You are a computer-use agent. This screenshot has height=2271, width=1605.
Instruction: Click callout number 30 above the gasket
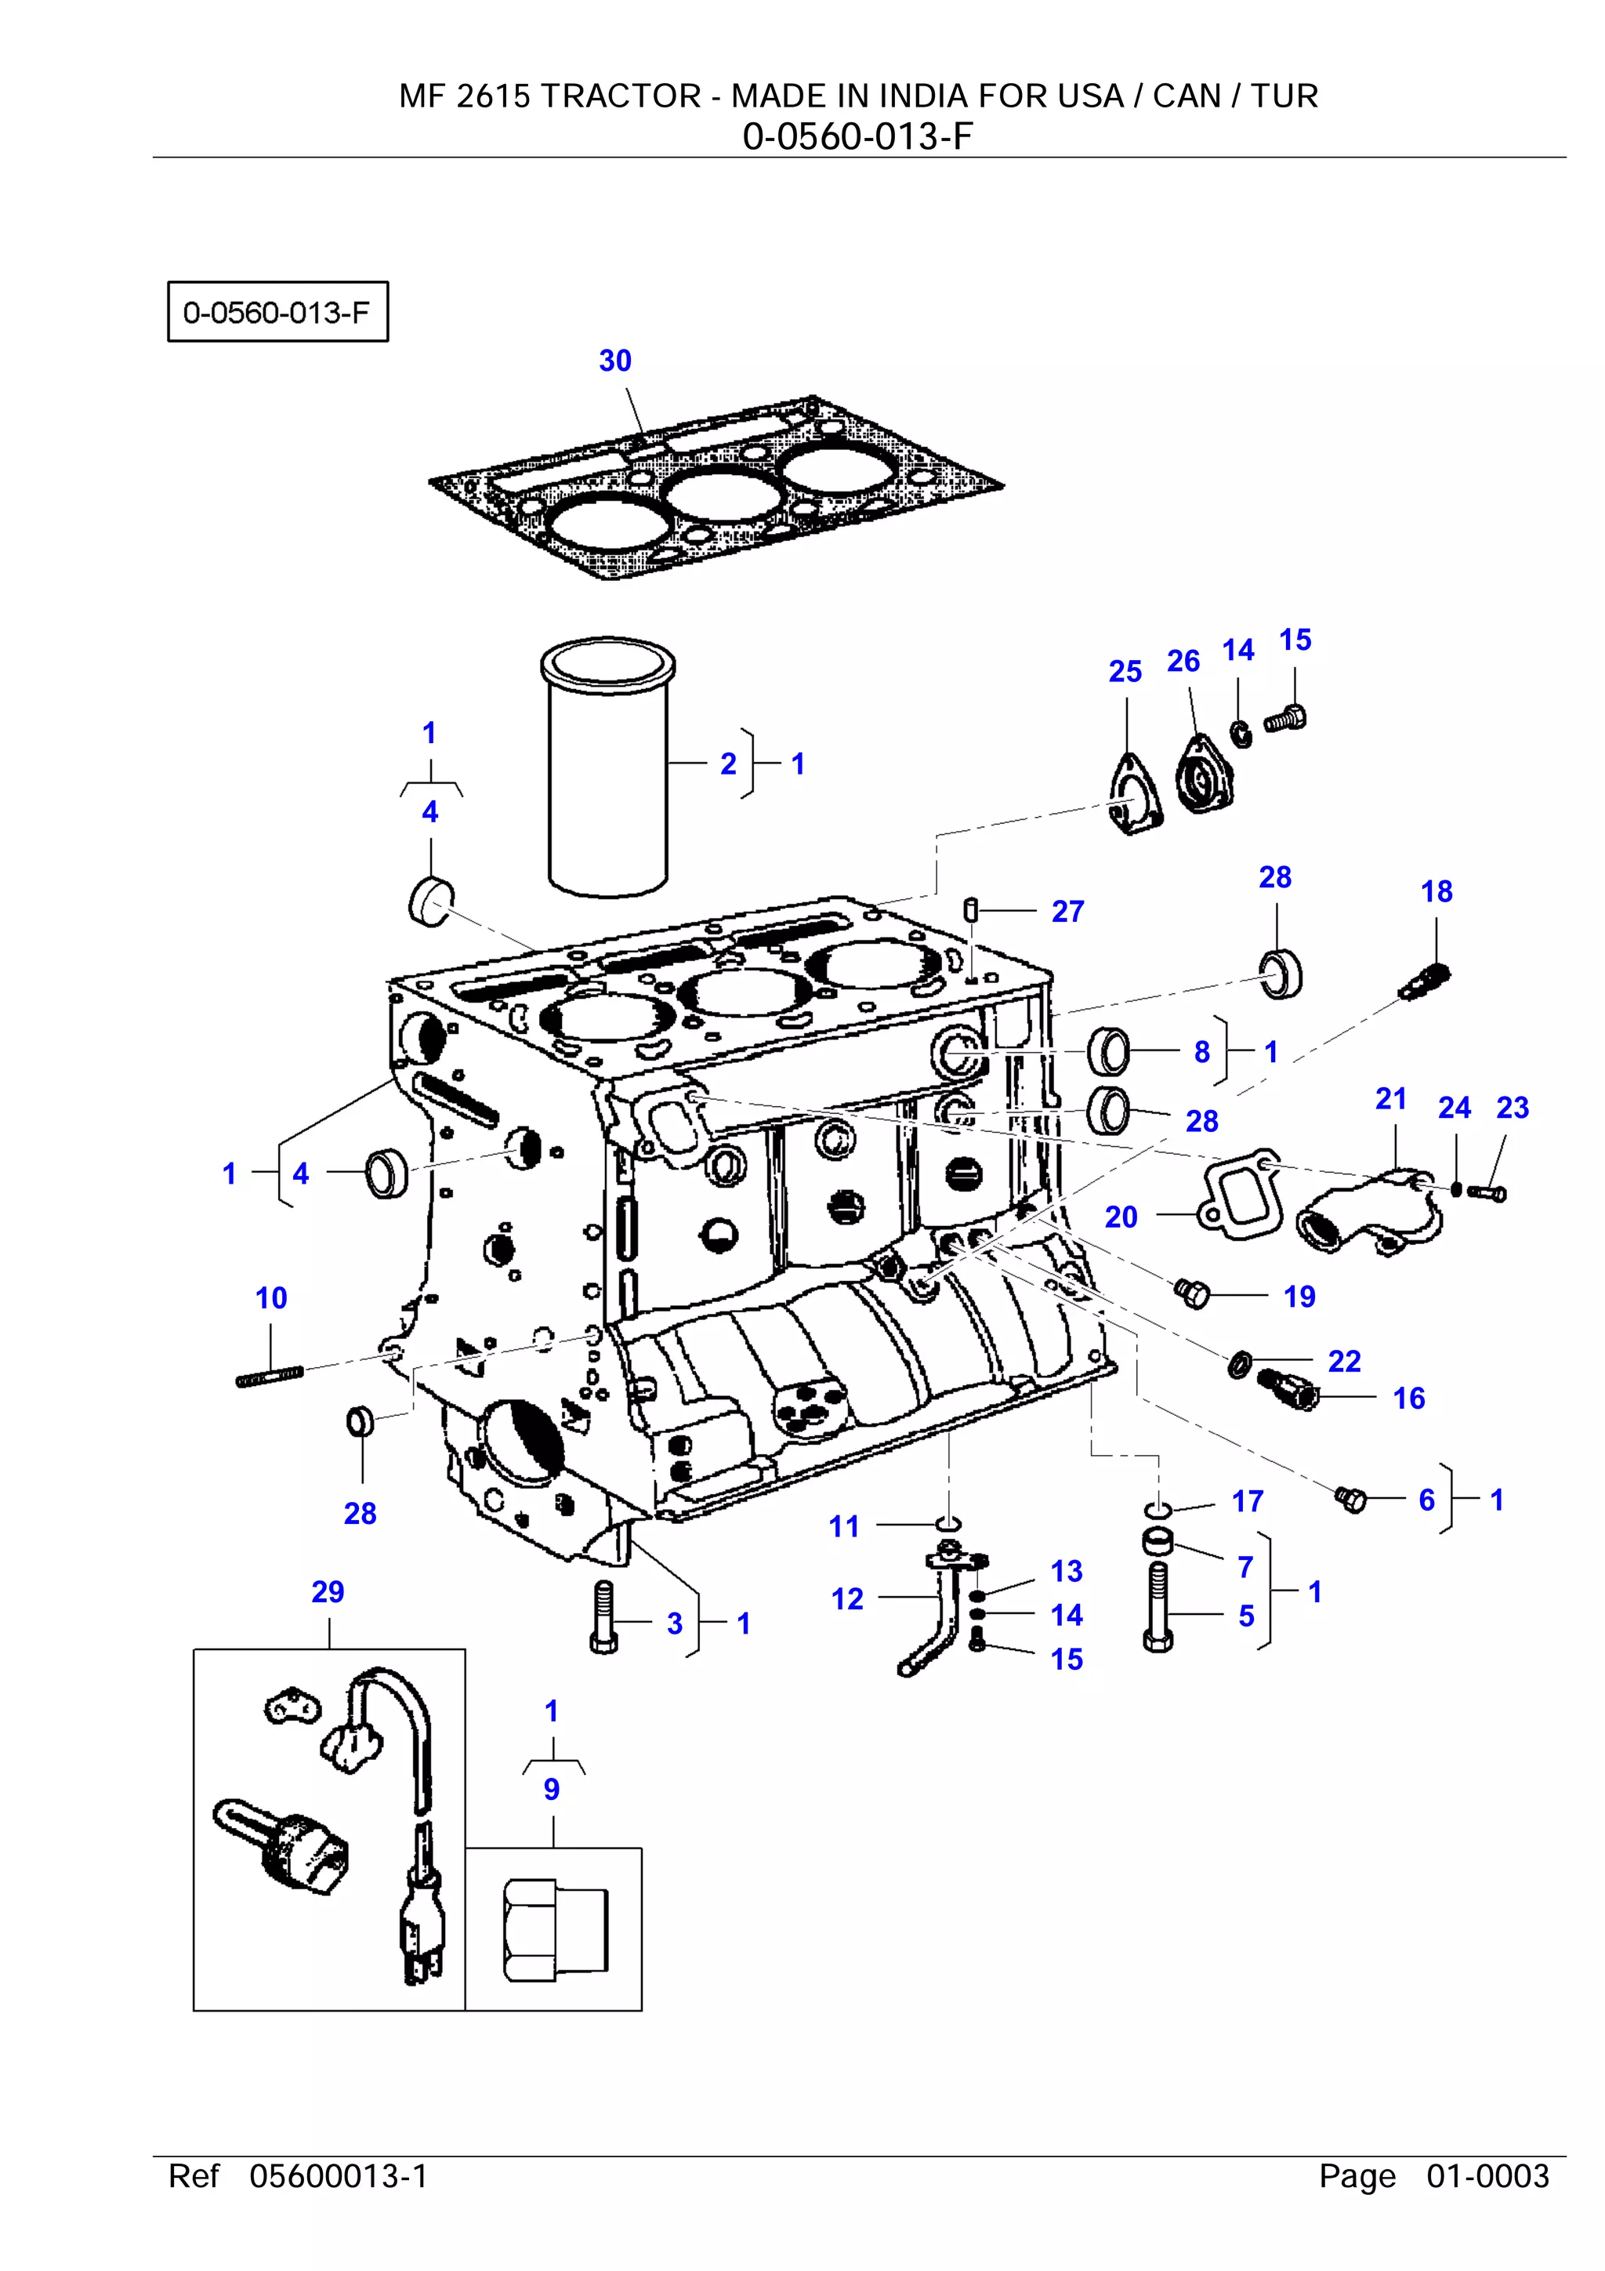[614, 361]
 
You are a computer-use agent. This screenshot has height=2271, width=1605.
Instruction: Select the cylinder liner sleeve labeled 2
[607, 771]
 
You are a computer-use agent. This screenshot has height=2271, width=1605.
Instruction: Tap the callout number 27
[1067, 911]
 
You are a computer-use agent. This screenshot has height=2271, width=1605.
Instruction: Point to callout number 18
[1436, 891]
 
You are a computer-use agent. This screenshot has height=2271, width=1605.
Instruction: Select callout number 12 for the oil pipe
[846, 1599]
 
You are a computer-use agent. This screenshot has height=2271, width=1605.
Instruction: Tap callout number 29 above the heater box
[328, 1591]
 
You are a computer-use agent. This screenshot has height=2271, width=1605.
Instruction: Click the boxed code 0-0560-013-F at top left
[277, 313]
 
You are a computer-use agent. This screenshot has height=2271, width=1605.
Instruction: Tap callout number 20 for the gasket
[1121, 1217]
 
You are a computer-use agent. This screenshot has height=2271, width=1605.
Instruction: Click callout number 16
[1408, 1398]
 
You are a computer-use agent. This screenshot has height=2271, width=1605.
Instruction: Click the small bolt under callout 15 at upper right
[1285, 719]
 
